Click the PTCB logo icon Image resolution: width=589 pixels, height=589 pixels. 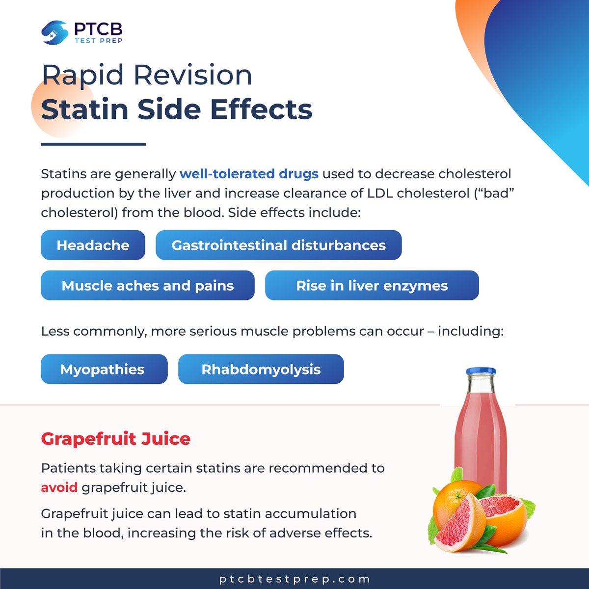click(54, 32)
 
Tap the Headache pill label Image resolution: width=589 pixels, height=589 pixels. click(93, 245)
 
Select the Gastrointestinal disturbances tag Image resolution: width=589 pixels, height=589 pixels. click(278, 245)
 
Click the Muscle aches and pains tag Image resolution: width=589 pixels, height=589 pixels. click(147, 285)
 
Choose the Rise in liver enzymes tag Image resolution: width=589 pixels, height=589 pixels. click(372, 285)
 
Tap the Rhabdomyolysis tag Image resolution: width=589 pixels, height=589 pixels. click(261, 369)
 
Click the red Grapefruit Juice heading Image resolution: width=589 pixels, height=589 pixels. click(115, 438)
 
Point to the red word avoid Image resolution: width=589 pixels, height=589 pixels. click(59, 487)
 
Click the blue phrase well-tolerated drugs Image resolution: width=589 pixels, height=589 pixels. click(249, 174)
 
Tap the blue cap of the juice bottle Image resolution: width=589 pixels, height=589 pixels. click(481, 371)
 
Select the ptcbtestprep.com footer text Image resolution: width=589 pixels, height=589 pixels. click(294, 579)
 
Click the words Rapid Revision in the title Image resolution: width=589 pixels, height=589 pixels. click(147, 75)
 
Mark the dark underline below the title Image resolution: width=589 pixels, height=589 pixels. click(93, 144)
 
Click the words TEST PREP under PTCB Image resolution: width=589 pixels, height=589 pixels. click(98, 40)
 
